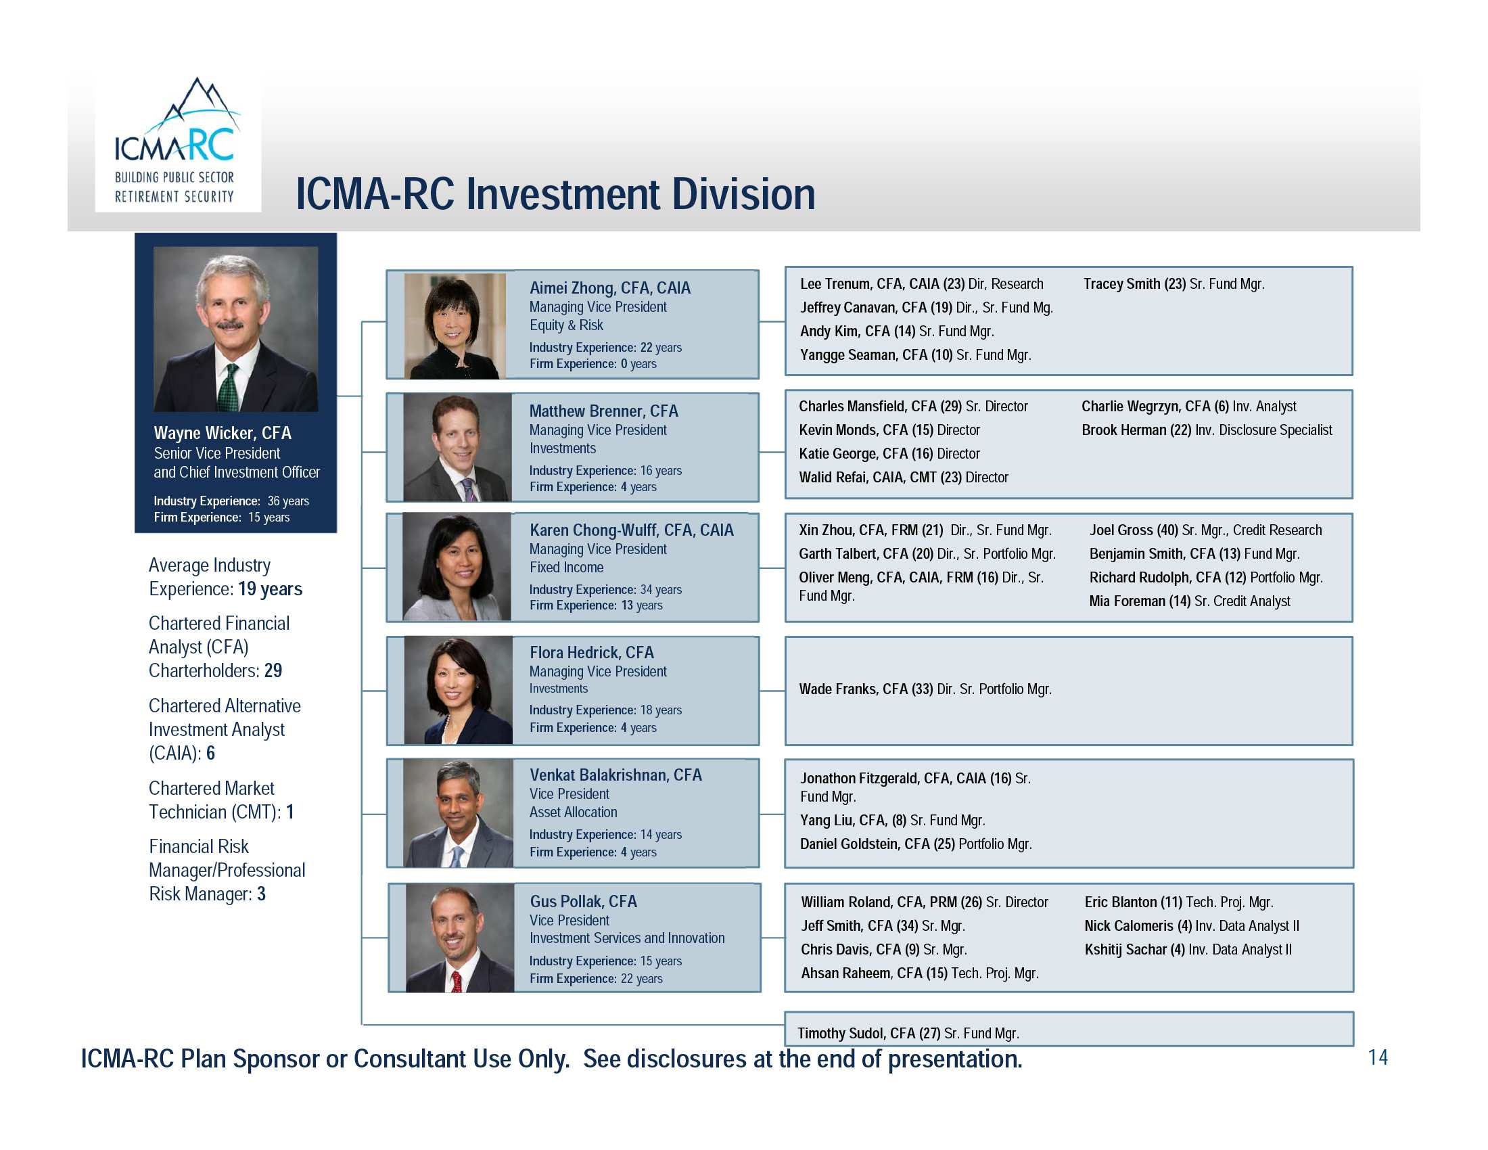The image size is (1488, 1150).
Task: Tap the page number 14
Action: click(x=1378, y=1057)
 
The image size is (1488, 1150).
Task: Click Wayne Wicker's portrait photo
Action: click(x=236, y=329)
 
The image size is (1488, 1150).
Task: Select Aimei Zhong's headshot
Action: click(x=455, y=326)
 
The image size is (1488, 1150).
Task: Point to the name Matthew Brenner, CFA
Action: click(x=603, y=411)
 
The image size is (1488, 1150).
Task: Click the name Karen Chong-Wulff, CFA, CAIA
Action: click(x=632, y=530)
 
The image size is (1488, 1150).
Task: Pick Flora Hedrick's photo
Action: click(x=458, y=690)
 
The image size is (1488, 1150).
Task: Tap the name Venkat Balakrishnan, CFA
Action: click(x=615, y=775)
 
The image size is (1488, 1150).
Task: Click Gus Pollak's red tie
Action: click(x=457, y=981)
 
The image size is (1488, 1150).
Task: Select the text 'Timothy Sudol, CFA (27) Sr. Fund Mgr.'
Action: click(x=908, y=1034)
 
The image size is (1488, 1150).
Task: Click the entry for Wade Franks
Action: click(x=925, y=689)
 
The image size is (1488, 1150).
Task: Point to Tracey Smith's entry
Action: click(x=1174, y=284)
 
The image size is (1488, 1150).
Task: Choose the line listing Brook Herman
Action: click(x=1207, y=430)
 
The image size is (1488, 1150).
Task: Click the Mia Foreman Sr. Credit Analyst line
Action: click(x=1190, y=601)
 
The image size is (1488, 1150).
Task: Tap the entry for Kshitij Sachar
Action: click(x=1188, y=949)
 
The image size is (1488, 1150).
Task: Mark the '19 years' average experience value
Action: click(x=270, y=589)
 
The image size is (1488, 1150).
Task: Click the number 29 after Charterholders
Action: click(x=273, y=670)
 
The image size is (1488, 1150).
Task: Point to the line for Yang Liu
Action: click(x=893, y=821)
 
